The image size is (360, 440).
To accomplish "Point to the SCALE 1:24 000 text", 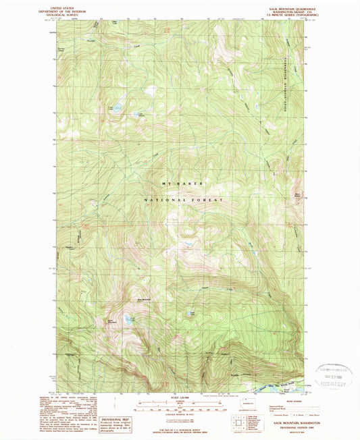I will click(x=179, y=397).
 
